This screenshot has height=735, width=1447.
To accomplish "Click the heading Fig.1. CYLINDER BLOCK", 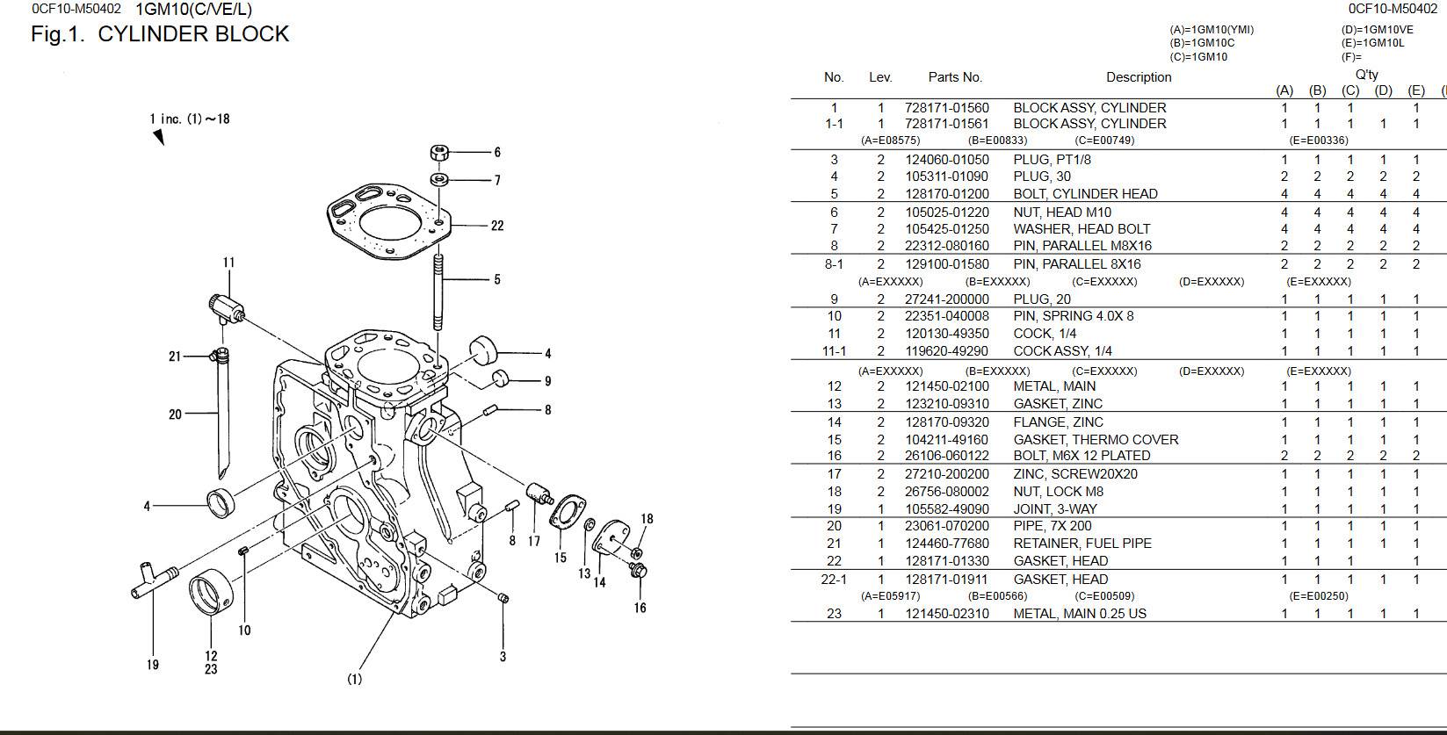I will tap(160, 34).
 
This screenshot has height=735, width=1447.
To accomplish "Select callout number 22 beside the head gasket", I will tap(497, 226).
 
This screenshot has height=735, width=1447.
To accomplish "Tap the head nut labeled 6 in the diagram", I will tap(440, 152).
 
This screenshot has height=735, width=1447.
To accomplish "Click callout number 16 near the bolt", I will tap(640, 608).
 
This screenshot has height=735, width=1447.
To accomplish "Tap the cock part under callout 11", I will tap(228, 308).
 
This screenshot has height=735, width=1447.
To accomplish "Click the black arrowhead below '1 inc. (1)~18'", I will tap(159, 137).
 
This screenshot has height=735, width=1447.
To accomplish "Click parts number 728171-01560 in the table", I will tap(946, 108).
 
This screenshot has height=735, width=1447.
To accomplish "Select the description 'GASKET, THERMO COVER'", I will tap(1096, 439).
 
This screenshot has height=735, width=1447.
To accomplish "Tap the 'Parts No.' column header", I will tap(955, 77).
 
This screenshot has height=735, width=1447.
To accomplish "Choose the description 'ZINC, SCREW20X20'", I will tap(1075, 474).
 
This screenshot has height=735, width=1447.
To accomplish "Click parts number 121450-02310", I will tap(946, 614).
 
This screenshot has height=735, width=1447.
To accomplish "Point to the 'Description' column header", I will tap(1139, 77).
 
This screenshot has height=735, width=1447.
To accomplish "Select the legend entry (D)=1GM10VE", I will tap(1371, 30).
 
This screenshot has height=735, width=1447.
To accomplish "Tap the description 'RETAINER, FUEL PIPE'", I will tap(1082, 544).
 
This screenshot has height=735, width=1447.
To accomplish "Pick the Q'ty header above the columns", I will tap(1366, 75).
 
